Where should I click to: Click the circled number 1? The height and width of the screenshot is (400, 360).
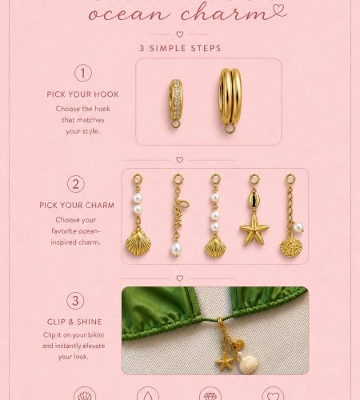83,73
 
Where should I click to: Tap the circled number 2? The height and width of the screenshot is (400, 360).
76,184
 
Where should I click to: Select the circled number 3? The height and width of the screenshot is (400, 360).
75,301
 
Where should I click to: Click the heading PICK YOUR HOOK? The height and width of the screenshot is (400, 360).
82,94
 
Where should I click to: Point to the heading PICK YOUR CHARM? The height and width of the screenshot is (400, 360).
77,206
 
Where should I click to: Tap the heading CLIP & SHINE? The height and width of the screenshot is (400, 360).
74,322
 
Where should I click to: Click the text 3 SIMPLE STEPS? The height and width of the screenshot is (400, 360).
180,48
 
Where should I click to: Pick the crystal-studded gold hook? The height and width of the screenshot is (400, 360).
176,103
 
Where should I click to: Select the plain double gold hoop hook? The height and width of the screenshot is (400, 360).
230,100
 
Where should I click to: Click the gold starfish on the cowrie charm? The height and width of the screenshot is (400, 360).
254,230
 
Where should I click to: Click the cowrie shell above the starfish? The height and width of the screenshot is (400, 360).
254,199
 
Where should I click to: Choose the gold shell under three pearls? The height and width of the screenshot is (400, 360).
215,247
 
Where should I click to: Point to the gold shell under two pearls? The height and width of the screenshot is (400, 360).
138,243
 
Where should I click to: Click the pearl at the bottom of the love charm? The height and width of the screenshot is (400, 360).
175,250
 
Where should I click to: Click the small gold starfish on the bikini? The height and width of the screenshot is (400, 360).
225,362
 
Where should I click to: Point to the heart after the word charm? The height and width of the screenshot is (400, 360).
278,10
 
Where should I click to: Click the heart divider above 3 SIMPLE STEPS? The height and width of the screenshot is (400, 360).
180,34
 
